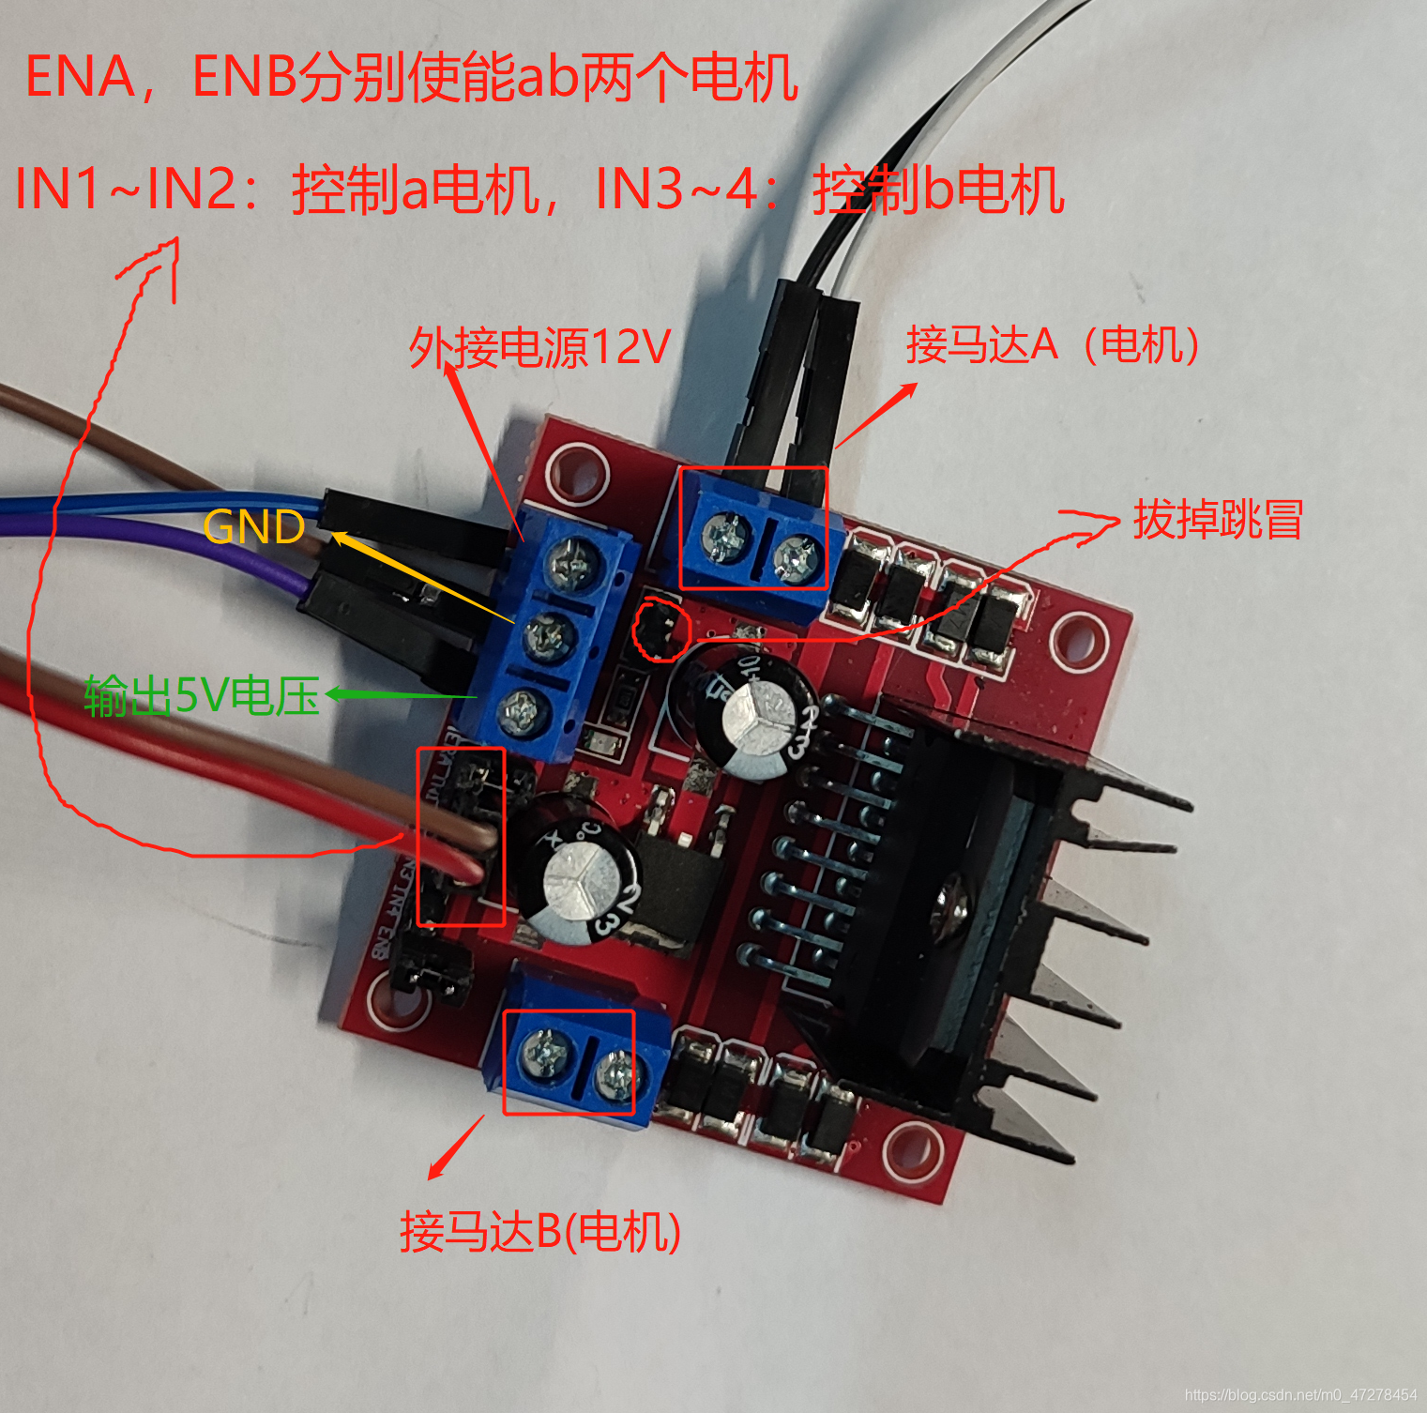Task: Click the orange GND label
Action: click(253, 527)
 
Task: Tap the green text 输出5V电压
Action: click(202, 696)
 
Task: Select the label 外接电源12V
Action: click(539, 348)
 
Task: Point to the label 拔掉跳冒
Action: click(1218, 520)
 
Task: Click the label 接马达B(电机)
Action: click(540, 1232)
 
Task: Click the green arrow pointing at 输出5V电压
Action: click(399, 695)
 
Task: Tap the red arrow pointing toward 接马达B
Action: click(456, 1147)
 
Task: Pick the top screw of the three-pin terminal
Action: click(573, 564)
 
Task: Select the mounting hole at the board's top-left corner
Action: click(577, 468)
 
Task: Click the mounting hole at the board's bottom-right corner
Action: click(912, 1150)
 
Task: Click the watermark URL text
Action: click(1299, 1395)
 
